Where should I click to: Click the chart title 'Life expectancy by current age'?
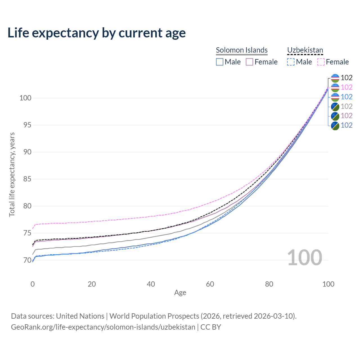click(96, 33)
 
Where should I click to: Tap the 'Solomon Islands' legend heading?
click(242, 50)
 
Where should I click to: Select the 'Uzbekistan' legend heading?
click(305, 50)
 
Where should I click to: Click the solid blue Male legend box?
click(219, 62)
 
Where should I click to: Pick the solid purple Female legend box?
click(249, 62)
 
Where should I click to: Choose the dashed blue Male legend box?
click(291, 62)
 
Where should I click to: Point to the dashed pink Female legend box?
click(321, 62)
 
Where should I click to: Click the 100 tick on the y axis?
click(25, 98)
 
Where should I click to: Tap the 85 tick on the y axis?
click(27, 179)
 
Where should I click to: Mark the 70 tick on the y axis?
click(27, 260)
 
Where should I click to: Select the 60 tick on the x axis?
click(210, 284)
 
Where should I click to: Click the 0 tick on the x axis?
click(33, 284)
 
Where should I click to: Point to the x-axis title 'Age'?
click(180, 293)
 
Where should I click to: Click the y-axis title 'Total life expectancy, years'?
click(12, 175)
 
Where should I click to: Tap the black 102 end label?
click(346, 78)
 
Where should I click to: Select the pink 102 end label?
click(346, 87)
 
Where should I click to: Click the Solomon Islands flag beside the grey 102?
click(335, 107)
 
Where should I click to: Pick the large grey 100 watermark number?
click(305, 258)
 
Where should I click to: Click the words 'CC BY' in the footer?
click(211, 327)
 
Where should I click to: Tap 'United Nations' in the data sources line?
click(80, 316)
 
